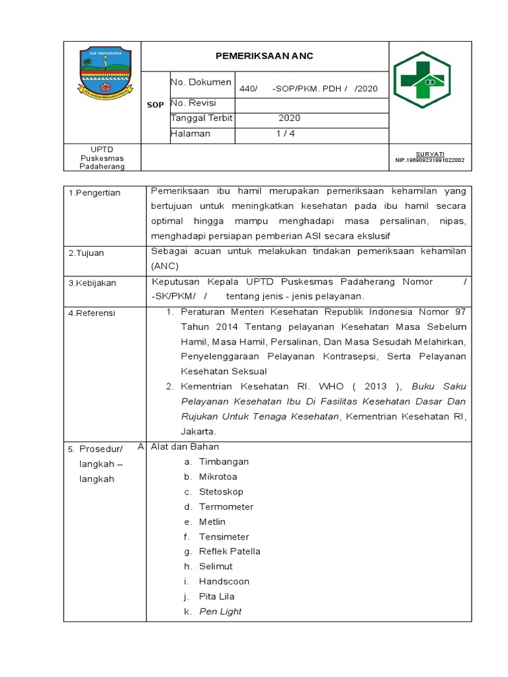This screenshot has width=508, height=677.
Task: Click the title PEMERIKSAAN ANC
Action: click(x=265, y=56)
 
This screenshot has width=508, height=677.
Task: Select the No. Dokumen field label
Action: click(x=201, y=83)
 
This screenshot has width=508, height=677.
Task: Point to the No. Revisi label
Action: click(x=194, y=103)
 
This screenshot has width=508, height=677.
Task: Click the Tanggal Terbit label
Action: click(x=202, y=118)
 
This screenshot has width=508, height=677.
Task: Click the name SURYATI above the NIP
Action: click(x=429, y=153)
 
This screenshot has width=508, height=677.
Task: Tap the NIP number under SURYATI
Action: click(x=429, y=160)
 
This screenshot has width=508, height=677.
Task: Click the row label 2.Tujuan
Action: click(x=87, y=253)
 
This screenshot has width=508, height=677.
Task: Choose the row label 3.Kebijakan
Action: click(x=93, y=283)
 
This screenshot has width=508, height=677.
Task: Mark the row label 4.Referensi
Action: click(x=92, y=313)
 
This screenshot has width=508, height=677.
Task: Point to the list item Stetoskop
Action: click(x=221, y=492)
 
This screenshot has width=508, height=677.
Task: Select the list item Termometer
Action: click(x=226, y=507)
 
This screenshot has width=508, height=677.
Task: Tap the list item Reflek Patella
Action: click(x=230, y=551)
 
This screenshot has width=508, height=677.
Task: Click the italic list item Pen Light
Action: click(x=220, y=612)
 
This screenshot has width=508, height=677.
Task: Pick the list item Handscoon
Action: click(x=224, y=582)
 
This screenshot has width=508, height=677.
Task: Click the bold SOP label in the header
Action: click(x=156, y=105)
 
